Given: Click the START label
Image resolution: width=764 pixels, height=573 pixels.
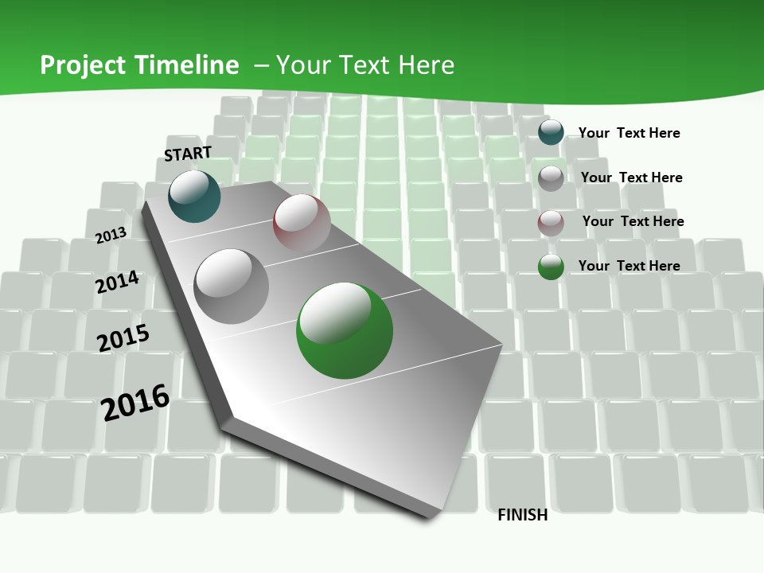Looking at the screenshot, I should pyautogui.click(x=188, y=153).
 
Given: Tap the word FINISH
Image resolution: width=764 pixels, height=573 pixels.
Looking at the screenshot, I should pyautogui.click(x=523, y=515).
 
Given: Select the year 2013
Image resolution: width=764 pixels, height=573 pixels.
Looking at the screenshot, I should pyautogui.click(x=111, y=235).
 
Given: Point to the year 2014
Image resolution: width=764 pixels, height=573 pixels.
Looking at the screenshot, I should pyautogui.click(x=118, y=282).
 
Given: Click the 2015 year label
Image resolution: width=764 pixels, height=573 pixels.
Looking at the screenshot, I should pyautogui.click(x=123, y=337).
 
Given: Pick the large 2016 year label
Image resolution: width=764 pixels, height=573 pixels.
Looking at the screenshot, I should pyautogui.click(x=135, y=402).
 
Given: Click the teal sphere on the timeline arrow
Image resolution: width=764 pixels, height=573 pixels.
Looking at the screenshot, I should pyautogui.click(x=194, y=196).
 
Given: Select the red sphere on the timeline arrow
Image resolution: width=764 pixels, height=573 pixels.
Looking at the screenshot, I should pyautogui.click(x=302, y=222).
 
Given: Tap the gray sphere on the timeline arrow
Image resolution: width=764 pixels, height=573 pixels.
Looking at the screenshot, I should pyautogui.click(x=232, y=286).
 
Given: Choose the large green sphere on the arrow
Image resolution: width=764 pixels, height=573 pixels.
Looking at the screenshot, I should pyautogui.click(x=345, y=330).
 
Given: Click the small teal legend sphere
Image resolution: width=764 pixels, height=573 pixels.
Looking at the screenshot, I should pyautogui.click(x=551, y=132).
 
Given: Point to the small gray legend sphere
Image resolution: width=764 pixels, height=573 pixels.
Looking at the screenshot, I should pyautogui.click(x=551, y=178).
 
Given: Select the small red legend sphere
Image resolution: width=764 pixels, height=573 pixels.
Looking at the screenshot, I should pyautogui.click(x=551, y=223).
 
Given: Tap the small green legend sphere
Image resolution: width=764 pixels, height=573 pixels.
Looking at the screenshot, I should pyautogui.click(x=551, y=267).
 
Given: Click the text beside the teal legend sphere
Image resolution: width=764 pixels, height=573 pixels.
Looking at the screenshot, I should pyautogui.click(x=629, y=133).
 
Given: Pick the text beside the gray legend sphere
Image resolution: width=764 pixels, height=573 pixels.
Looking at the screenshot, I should pyautogui.click(x=631, y=177).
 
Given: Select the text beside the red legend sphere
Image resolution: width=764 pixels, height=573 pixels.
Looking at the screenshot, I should pyautogui.click(x=633, y=221).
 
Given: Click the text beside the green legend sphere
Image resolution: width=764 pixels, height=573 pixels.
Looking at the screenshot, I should pyautogui.click(x=629, y=266).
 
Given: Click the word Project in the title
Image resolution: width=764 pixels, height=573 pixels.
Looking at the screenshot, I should pyautogui.click(x=82, y=65).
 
